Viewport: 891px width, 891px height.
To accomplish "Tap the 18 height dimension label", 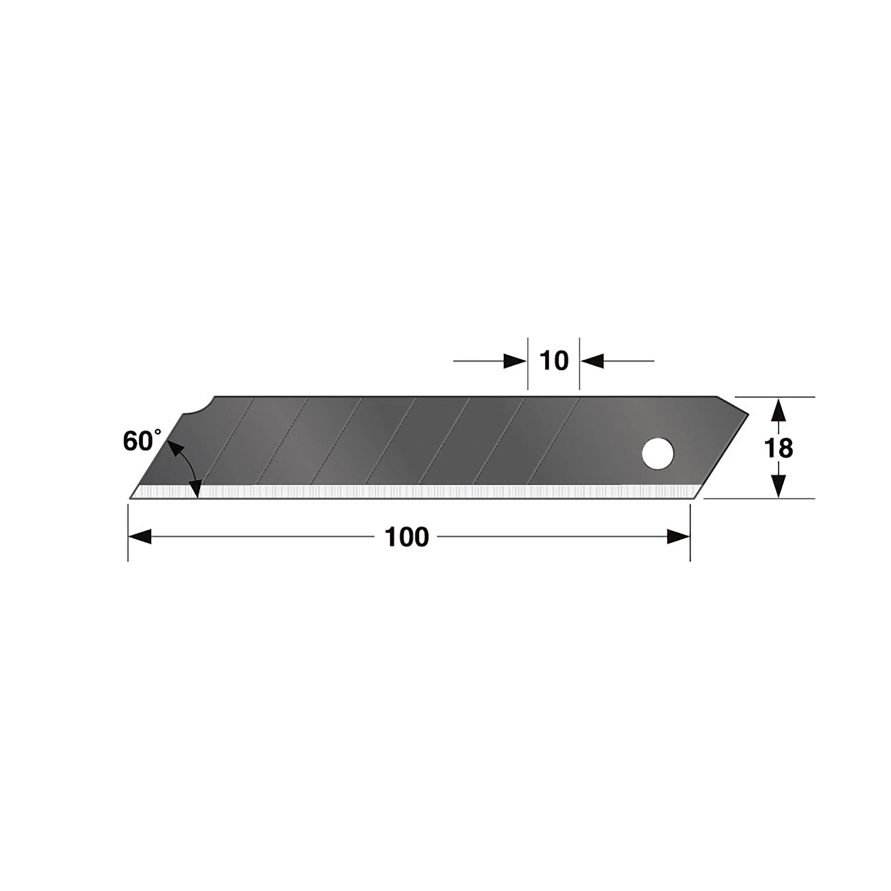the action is pos(778,448).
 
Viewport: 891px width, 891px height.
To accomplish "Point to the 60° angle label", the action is pos(142,441).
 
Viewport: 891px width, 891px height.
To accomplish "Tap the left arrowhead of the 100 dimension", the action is pos(140,537).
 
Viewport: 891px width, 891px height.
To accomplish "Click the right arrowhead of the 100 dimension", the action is pos(678,537).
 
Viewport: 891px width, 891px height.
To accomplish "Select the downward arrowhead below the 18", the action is pos(778,486).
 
